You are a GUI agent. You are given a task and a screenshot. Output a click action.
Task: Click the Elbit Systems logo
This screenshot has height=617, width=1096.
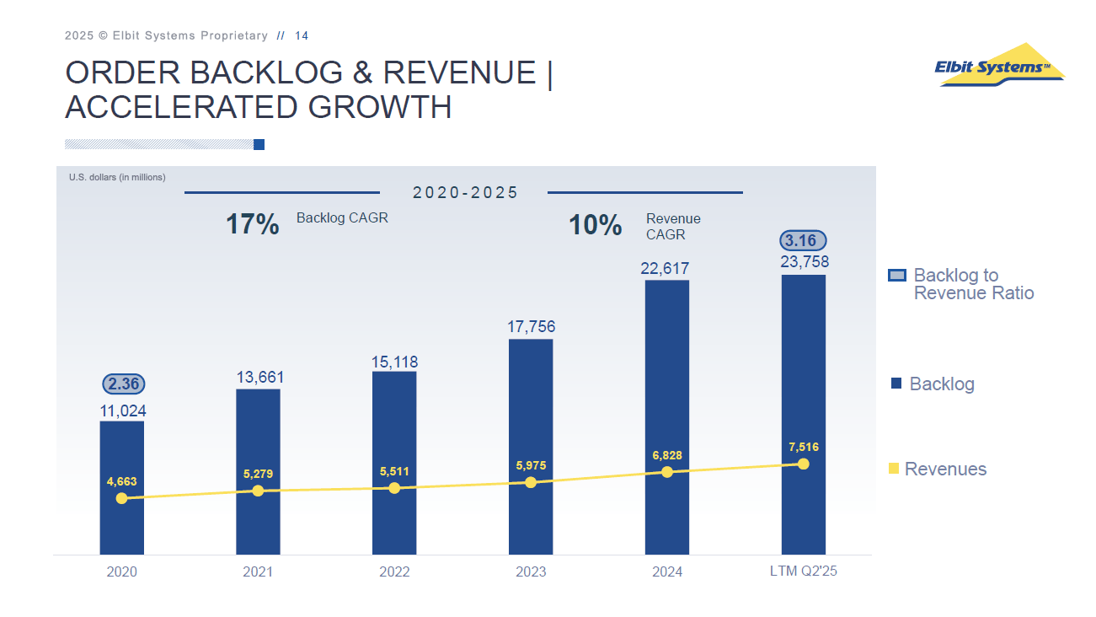(x=999, y=66)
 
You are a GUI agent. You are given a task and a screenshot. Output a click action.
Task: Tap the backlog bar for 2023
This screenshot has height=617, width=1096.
(x=531, y=421)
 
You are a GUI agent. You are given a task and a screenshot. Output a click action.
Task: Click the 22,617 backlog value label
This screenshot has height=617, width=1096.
(x=665, y=269)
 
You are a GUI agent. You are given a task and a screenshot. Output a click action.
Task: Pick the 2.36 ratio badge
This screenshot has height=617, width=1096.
(x=124, y=384)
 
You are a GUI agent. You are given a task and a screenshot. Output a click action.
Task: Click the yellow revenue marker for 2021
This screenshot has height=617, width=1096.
(x=258, y=491)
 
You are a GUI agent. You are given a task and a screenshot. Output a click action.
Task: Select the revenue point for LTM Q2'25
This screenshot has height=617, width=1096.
(x=803, y=464)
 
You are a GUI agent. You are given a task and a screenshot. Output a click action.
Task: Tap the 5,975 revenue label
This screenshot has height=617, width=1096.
(x=531, y=465)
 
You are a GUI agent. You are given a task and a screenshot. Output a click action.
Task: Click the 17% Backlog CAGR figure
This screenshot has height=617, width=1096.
(x=252, y=224)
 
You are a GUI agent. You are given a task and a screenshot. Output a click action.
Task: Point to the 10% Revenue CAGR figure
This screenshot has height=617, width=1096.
(x=596, y=225)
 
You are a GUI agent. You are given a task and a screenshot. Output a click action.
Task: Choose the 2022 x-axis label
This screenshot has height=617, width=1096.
(x=394, y=571)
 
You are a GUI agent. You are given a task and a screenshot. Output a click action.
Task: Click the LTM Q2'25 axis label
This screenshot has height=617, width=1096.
(x=804, y=571)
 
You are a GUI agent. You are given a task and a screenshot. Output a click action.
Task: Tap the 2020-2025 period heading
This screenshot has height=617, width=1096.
(x=465, y=193)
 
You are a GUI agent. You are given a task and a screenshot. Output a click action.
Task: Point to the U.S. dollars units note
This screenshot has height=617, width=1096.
(x=117, y=177)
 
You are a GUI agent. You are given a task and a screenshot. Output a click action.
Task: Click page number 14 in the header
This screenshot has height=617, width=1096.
(x=302, y=35)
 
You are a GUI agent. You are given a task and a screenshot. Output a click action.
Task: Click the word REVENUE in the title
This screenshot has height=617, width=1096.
(x=460, y=73)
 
